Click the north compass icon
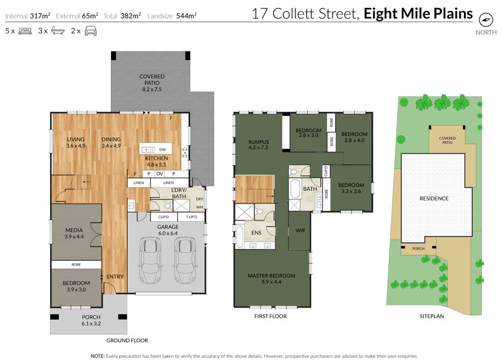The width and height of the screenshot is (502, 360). pos(486,20)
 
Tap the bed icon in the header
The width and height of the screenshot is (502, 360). pos(25,31)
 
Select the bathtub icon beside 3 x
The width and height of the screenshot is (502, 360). pos(57,31)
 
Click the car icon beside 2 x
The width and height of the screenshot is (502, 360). pos(90,31)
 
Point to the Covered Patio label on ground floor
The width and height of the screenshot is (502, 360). pos(152,83)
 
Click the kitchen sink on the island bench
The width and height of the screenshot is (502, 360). pos(148,150)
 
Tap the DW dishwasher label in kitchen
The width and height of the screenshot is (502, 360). pos(163,150)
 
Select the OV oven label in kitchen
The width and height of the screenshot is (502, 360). pos(160,174)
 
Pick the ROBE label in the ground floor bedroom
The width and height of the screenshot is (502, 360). pos(76,265)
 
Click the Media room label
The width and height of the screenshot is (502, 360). pos(74,233)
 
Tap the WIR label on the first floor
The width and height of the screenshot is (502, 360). pos(300,231)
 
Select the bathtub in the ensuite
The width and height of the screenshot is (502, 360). pos(239,237)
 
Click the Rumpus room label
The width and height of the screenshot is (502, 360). pos(258,145)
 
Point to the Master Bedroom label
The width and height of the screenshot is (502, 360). pos(272,279)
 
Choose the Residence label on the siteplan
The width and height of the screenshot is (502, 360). pos(434,199)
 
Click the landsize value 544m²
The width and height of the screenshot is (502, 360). pos(186,16)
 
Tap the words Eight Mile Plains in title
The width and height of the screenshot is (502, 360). pos(418,14)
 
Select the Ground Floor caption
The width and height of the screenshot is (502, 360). pos(127,340)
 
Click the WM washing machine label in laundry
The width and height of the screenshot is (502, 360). pos(200,207)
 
